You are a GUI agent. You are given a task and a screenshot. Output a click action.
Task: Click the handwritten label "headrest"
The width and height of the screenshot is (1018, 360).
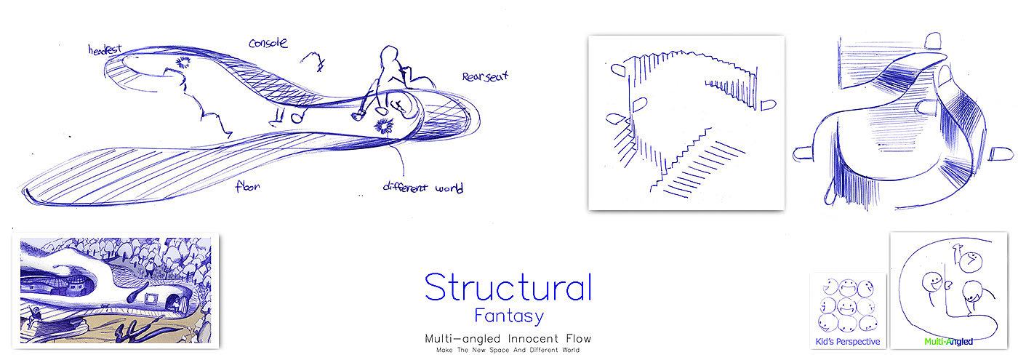click(104, 50)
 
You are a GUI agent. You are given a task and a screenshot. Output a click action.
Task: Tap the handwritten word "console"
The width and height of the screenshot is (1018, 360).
click(268, 43)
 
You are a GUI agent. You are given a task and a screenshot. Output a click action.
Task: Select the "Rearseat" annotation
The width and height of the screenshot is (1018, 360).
click(485, 76)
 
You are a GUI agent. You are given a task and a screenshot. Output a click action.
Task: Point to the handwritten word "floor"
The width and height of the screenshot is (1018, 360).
click(247, 186)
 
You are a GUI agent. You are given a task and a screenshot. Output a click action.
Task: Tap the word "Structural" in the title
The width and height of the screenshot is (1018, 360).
click(508, 287)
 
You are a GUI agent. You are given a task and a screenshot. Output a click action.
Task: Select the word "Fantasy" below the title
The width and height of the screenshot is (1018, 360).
click(508, 317)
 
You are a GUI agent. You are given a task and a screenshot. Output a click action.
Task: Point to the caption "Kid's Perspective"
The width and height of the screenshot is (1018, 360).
click(849, 342)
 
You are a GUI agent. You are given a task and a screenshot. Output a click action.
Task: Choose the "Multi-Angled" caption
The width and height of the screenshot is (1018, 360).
click(948, 341)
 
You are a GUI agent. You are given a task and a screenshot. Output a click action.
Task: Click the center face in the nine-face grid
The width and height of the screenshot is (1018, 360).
click(849, 305)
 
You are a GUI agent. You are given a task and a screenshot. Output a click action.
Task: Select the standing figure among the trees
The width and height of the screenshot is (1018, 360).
click(150, 268)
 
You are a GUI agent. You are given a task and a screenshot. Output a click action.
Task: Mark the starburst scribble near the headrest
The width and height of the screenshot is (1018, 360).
click(183, 62)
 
